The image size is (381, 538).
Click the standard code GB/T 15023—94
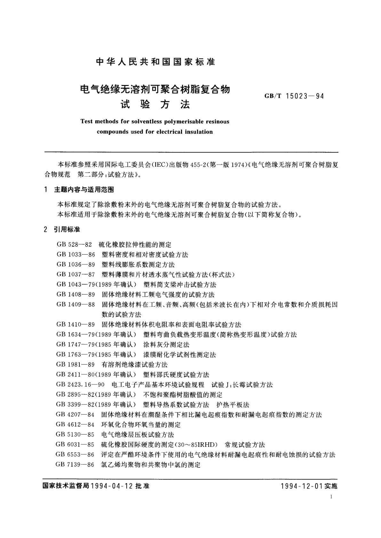pos(294,96)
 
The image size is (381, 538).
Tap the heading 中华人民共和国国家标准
pos(156,62)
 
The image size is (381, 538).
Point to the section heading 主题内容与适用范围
pos(84,190)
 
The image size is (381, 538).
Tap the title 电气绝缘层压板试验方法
pos(138,434)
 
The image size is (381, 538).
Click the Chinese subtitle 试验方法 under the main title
pos(155,104)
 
